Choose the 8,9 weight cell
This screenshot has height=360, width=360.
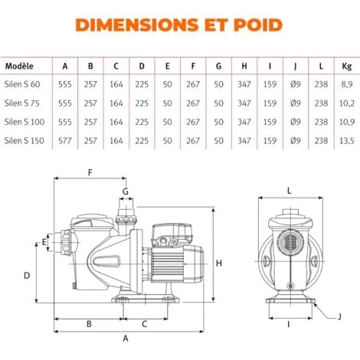tap(345, 83)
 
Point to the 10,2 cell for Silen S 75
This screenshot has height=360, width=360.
tap(345, 102)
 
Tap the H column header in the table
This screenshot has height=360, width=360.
tap(244, 66)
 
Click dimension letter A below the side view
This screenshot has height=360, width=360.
tap(126, 337)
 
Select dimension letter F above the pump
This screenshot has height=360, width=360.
tap(90, 173)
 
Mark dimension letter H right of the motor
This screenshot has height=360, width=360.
tap(220, 263)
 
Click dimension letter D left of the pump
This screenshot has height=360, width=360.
tap(26, 273)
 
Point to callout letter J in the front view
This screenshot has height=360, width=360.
tap(339, 315)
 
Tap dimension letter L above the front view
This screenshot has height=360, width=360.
tap(288, 188)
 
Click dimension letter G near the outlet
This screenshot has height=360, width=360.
tap(126, 191)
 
